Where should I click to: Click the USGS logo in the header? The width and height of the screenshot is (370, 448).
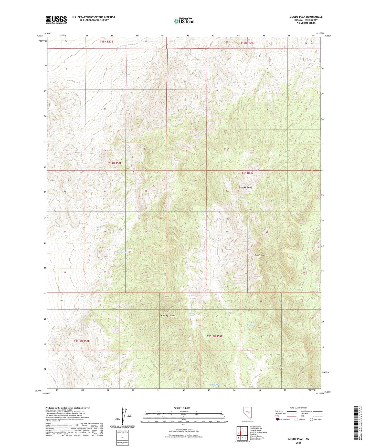56,20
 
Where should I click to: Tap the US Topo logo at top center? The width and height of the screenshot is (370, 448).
184,21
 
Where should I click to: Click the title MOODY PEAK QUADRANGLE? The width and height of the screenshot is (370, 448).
306,17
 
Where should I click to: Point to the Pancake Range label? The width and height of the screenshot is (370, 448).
245,187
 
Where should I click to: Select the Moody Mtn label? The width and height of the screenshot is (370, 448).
259,255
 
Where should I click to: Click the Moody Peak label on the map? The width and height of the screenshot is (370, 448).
168,316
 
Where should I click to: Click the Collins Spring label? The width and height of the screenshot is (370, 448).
192,314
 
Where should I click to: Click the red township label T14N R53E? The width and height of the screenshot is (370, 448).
115,163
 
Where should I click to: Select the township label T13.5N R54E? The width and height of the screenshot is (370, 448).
215,336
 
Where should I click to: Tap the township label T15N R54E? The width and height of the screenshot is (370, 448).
247,43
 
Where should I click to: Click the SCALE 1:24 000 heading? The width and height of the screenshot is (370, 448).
182,408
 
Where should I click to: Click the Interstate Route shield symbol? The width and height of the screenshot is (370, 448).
278,419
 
